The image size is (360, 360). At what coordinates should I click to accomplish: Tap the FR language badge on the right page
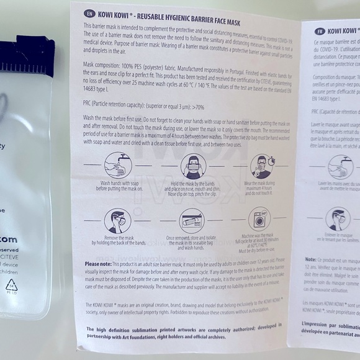click(320, 30)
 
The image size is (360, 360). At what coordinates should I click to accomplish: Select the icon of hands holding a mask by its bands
click(193, 167)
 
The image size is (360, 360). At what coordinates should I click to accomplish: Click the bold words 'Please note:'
click(98, 263)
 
